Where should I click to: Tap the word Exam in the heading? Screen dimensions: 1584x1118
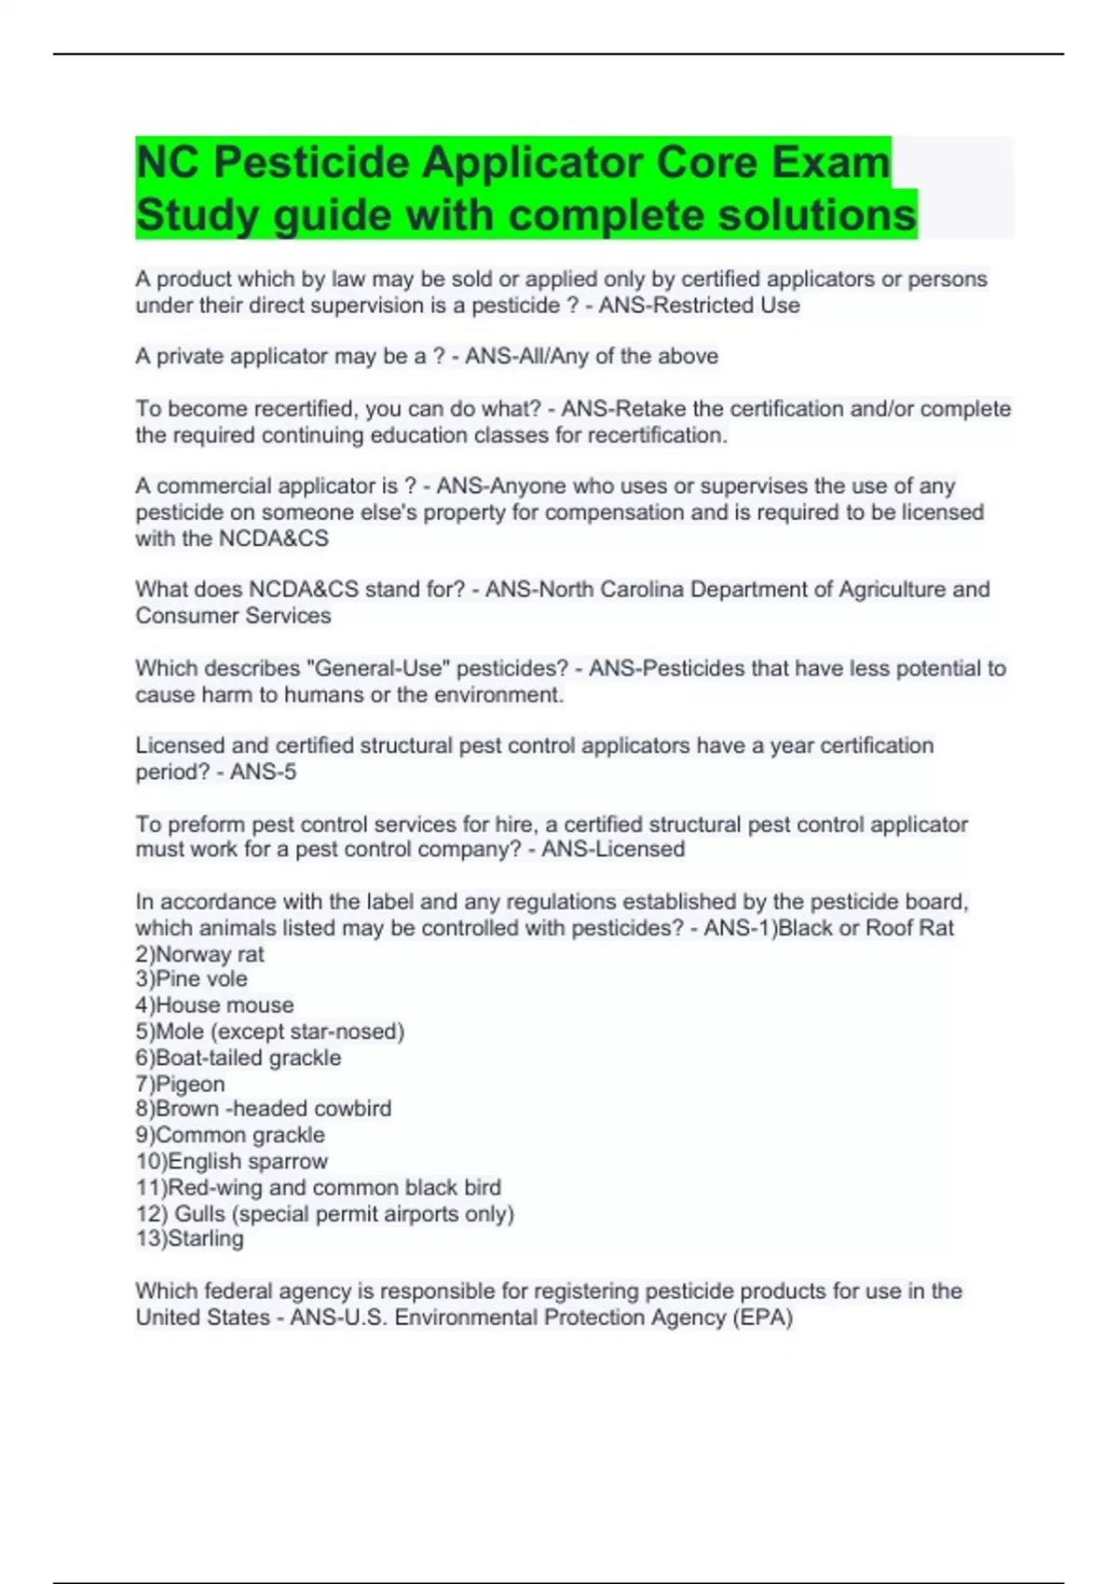pos(828,163)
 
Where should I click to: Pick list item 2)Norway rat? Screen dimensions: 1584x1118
pos(199,954)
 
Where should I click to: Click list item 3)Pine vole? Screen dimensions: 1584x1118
pos(191,978)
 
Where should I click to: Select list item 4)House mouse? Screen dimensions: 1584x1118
pos(214,1004)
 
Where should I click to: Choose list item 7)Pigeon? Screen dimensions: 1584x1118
pos(180,1084)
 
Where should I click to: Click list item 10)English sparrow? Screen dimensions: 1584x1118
pos(231,1161)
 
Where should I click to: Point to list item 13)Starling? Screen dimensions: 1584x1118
pos(189,1238)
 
